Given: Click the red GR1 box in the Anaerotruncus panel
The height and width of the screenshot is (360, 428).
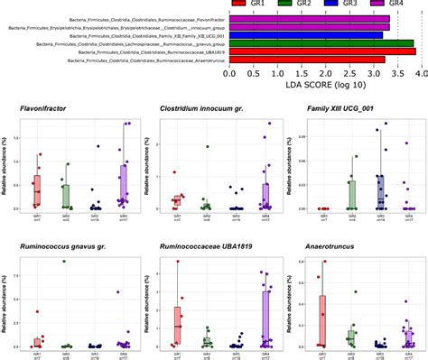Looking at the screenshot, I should [322, 320].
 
